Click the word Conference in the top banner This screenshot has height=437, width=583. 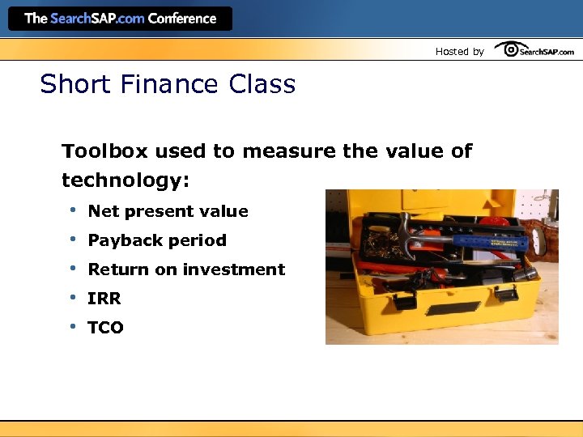[x=182, y=19]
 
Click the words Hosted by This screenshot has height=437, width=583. [x=459, y=51]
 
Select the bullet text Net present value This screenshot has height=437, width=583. [x=168, y=211]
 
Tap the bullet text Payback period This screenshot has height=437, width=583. [x=157, y=240]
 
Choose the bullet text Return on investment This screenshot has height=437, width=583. [x=186, y=269]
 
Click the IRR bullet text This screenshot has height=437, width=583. [x=104, y=299]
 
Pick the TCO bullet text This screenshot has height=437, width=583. [x=105, y=328]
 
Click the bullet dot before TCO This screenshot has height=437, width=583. [x=73, y=326]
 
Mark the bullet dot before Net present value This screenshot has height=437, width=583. [x=73, y=210]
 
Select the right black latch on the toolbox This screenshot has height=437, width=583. [x=506, y=292]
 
